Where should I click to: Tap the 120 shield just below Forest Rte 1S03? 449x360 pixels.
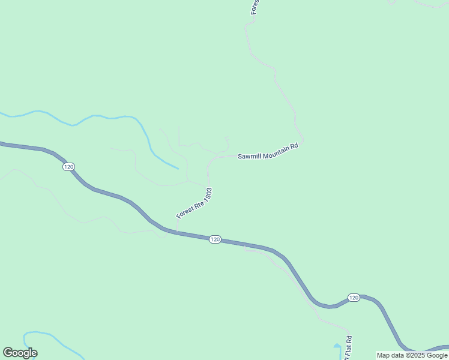coord(215,239)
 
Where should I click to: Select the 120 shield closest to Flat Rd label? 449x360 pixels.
coord(353,298)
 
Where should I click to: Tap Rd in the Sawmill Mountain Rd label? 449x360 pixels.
coord(294,146)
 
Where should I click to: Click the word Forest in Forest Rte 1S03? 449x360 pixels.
coord(184,212)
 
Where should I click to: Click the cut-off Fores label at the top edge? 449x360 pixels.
coord(255,7)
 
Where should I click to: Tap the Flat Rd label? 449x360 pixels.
coord(348,349)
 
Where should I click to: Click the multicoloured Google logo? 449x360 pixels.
coord(20,353)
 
